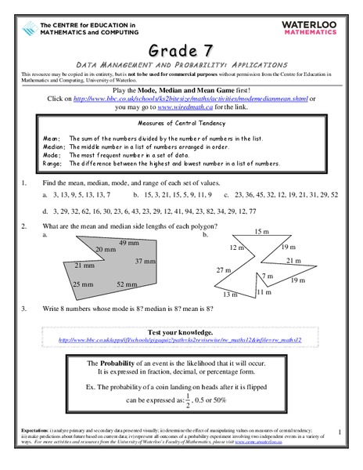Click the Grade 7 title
pyautogui.click(x=181, y=45)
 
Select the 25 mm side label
pyautogui.click(x=84, y=284)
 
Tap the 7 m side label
pyautogui.click(x=268, y=277)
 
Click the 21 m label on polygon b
pyautogui.click(x=293, y=260)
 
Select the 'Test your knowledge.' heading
pyautogui.click(x=181, y=332)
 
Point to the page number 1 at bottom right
pyautogui.click(x=340, y=432)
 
